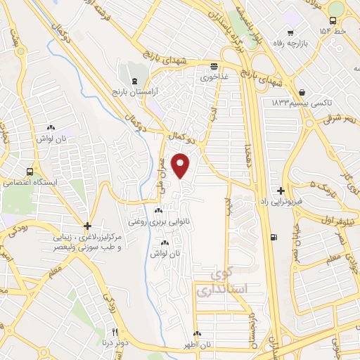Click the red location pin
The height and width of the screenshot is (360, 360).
click(182, 165)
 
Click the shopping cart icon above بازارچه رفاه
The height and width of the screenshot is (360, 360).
click(289, 32)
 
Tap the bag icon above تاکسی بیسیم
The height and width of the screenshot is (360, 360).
click(302, 92)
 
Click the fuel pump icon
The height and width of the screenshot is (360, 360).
click(274, 236)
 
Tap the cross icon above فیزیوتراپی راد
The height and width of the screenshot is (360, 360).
click(281, 191)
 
